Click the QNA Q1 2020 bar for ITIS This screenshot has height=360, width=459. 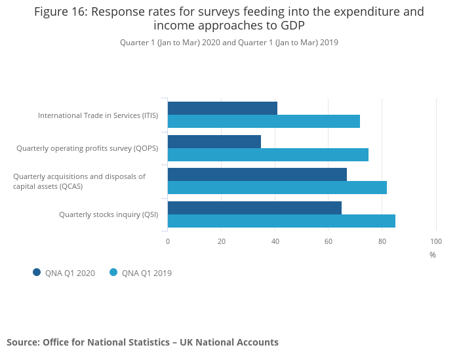coord(222,108)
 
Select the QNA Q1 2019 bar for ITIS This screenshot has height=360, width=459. coord(264,121)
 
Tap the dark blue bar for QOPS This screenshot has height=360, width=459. coord(214,142)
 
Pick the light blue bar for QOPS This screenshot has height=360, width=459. coord(268,155)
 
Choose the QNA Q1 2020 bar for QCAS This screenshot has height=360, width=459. coord(257,174)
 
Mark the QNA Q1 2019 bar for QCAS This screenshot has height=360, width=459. coord(277,188)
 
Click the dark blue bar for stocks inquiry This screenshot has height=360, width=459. coord(254,208)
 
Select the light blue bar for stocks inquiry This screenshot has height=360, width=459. coord(281,221)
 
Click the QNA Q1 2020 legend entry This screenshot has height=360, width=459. coord(64,273)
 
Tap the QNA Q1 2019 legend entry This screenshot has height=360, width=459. coord(141,273)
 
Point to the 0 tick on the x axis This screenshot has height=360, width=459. coord(168,241)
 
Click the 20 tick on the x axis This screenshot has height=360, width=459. coord(222,241)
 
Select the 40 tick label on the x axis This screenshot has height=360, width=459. coord(275,241)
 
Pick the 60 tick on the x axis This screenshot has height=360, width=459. coord(329,241)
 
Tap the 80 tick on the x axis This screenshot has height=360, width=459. coord(382,241)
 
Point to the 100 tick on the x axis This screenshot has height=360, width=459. coord(436,241)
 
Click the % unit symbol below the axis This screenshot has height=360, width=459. coord(433,255)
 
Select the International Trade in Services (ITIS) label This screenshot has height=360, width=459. coord(98,115)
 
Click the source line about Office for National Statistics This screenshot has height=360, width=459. coord(142,342)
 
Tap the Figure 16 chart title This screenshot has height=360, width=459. coord(229,18)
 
